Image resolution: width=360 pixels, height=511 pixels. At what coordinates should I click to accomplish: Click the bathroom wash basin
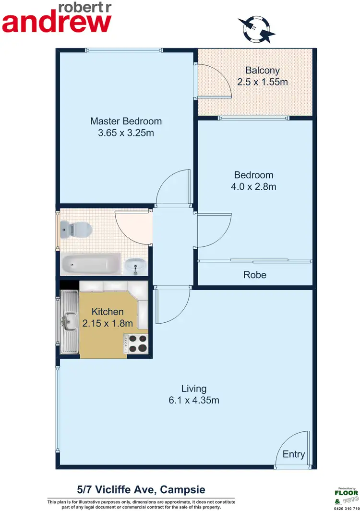134,265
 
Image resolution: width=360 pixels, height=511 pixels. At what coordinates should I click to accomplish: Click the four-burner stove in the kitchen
137,344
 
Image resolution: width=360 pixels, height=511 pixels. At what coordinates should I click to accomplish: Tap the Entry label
293,454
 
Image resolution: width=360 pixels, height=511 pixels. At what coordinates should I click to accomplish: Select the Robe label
254,275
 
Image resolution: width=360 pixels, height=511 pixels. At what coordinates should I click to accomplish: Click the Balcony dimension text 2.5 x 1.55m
263,82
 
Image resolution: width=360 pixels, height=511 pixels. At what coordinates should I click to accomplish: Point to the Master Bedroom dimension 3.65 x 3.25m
126,133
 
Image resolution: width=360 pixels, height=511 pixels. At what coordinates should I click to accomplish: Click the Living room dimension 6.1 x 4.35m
193,400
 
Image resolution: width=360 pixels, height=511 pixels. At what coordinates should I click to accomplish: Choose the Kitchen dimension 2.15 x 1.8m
108,323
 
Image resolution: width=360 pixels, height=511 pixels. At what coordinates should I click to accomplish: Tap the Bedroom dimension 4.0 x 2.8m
254,187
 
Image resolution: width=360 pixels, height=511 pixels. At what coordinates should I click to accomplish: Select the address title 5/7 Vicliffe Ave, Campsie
141,490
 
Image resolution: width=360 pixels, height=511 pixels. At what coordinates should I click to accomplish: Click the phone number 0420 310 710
346,508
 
